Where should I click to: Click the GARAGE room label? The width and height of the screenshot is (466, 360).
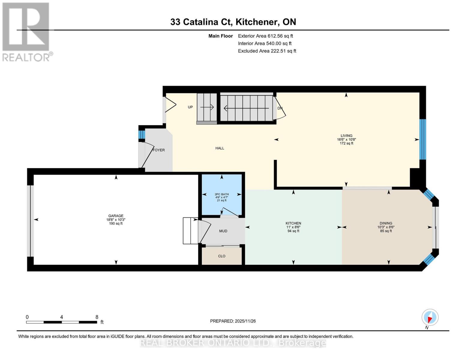[116, 216]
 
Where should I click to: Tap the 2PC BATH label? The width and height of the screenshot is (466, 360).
[222, 194]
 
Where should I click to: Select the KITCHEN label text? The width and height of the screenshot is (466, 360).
[293, 223]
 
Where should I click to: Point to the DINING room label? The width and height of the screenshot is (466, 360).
[386, 223]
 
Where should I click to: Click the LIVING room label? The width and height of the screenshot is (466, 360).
[346, 136]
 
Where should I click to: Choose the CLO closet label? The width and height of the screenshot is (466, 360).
[222, 256]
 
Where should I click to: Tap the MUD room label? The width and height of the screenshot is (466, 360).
[223, 231]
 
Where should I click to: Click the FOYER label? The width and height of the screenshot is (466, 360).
[159, 150]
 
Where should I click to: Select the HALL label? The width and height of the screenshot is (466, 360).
[220, 148]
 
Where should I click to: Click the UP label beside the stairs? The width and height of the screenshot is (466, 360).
[190, 107]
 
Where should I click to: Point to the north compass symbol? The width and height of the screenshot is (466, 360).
[430, 317]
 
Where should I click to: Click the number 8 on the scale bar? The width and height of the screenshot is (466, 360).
[97, 317]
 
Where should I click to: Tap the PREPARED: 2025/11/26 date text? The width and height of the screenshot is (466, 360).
[233, 321]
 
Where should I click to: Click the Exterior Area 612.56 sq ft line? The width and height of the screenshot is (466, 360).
[265, 36]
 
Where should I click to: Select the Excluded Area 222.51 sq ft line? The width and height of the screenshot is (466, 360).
[267, 51]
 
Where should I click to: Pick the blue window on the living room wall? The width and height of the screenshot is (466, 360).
[422, 139]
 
